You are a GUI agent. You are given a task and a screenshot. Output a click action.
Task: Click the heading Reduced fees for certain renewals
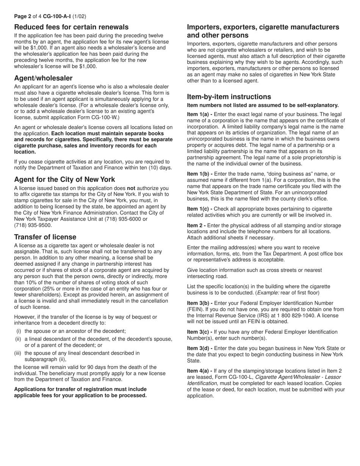[x=71, y=27]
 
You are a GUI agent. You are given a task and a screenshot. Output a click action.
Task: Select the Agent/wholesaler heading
[x=43, y=78]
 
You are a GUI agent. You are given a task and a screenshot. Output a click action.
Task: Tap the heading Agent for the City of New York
[x=64, y=180]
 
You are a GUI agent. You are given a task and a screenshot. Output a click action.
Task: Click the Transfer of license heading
[x=45, y=237]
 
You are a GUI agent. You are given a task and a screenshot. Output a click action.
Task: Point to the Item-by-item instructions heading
[x=229, y=97]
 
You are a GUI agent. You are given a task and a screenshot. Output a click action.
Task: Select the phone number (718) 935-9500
[x=33, y=225]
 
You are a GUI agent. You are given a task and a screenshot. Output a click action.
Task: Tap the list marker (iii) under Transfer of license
[x=18, y=353]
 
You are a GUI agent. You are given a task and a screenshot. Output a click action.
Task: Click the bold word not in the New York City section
[x=131, y=188]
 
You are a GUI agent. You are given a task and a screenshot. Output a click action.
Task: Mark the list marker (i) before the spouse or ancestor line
[x=18, y=331]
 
